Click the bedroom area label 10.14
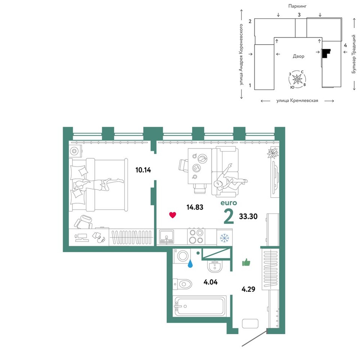coord(143,170)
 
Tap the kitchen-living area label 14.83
coord(195,207)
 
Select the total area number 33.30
coord(248,216)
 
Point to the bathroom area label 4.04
coord(210,282)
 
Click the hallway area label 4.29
coord(248,289)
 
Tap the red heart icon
coord(172,215)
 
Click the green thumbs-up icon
coord(246,262)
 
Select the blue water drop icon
coord(190,264)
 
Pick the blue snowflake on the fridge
coord(224,238)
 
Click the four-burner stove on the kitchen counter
coord(196,237)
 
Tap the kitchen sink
coord(166,237)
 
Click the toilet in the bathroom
coord(182,284)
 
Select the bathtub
coord(199,306)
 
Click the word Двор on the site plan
coord(298,56)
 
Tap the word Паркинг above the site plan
coord(297,6)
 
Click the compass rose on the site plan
coord(297,79)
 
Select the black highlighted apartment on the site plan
coord(325,54)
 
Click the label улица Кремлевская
coord(297,100)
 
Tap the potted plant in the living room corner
coord(273,153)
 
